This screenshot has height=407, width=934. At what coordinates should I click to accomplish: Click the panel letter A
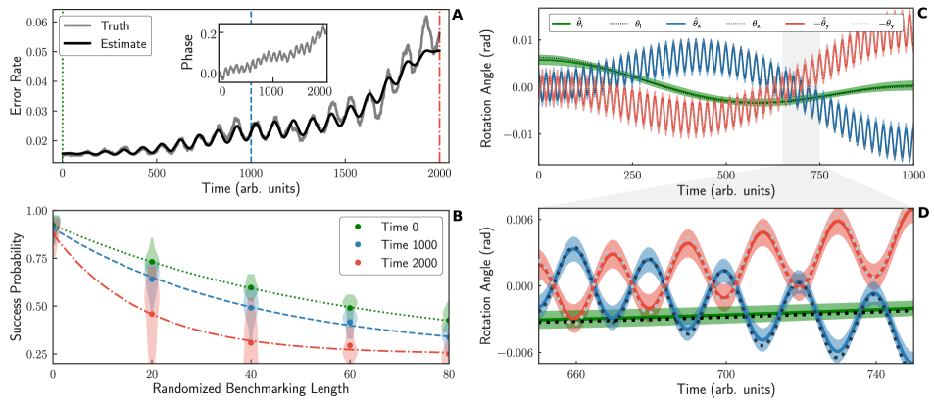[457, 14]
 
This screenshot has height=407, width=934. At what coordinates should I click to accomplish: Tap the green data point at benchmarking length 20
[151, 263]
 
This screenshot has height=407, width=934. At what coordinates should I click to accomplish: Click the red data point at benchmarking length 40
[251, 342]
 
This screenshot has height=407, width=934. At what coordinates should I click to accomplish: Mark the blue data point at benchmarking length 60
[350, 321]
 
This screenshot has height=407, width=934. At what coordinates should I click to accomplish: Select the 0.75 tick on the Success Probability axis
[36, 258]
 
